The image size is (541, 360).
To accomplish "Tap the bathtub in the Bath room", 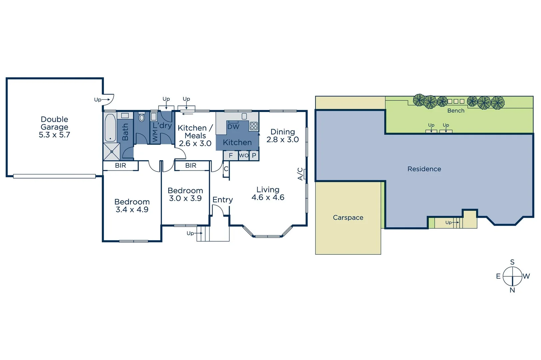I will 110,128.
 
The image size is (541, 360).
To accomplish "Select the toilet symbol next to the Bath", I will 142,117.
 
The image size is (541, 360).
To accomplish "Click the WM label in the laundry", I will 155,136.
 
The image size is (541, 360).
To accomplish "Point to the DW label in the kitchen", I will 233,127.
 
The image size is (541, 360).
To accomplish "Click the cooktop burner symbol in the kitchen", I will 254,126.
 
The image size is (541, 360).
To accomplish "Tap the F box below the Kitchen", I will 231,155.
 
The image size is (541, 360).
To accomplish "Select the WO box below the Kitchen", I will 244,155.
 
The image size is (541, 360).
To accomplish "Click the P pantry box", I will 254,155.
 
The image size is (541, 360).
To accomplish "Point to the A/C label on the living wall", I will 300,174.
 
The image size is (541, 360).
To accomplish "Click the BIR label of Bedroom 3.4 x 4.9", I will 120,165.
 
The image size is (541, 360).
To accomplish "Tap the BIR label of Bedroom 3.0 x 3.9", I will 191,165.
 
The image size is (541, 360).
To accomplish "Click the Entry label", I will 223,200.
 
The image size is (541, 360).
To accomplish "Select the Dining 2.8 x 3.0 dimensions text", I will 282,140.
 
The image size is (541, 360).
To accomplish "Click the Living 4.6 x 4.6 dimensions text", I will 268,197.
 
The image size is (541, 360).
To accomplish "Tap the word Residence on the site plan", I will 424,169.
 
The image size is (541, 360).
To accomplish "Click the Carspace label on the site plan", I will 348,218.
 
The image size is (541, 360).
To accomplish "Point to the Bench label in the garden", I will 455,111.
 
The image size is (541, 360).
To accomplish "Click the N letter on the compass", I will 512,290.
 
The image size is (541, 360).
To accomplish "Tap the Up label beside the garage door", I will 98,100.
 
